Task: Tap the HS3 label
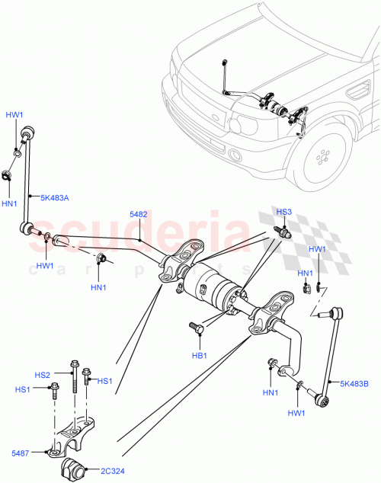click(283, 212)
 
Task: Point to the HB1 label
click(200, 356)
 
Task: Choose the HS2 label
click(42, 375)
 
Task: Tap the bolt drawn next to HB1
click(197, 330)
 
